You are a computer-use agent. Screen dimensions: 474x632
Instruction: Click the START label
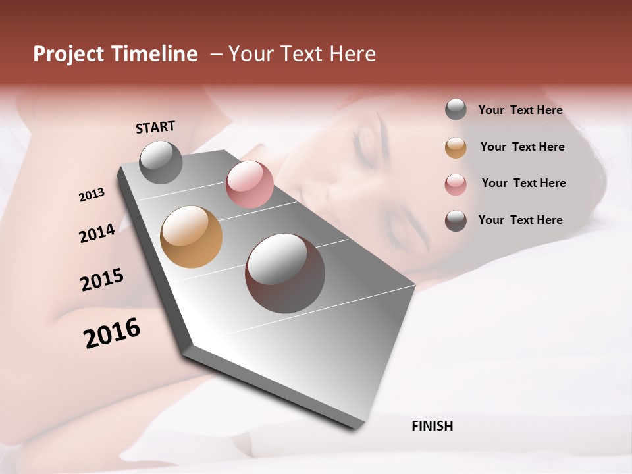click(155, 127)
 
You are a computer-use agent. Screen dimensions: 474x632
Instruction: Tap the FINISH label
click(432, 426)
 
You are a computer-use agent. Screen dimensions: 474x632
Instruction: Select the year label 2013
click(92, 195)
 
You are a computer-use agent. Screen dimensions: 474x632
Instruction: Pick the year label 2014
click(97, 233)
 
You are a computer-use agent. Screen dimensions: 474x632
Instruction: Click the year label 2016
click(112, 333)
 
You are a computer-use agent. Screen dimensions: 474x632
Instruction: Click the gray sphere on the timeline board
click(161, 162)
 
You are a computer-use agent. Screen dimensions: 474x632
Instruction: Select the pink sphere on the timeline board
click(250, 184)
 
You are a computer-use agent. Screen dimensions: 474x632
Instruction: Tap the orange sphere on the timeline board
click(192, 237)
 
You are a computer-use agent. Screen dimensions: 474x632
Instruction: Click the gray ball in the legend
click(456, 109)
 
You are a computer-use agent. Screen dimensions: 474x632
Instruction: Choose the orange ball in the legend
click(456, 147)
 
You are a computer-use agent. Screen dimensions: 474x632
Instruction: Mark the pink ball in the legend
click(456, 184)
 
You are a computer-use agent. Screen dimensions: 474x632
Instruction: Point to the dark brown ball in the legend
click(456, 221)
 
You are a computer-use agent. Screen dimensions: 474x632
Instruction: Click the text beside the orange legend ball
click(522, 147)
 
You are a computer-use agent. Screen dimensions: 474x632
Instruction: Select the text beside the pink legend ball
click(523, 183)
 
